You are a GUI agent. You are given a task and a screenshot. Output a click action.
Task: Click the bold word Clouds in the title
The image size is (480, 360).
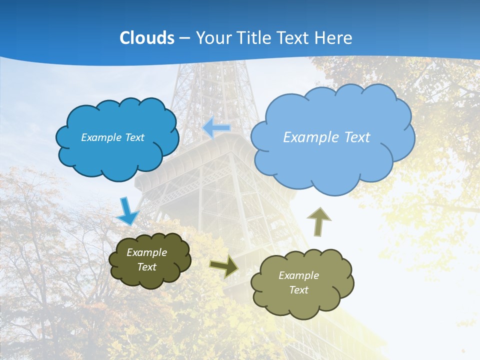click(147, 38)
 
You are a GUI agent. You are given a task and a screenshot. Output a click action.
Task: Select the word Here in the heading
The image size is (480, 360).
click(334, 38)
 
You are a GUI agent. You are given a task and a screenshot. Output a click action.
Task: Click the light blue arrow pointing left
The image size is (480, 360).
click(216, 128)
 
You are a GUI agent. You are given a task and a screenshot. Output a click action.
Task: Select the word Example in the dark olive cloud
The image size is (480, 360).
click(146, 252)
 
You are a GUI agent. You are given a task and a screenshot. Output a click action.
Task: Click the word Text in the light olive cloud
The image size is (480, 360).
click(298, 290)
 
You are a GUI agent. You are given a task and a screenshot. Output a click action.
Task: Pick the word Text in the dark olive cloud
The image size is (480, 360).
click(146, 267)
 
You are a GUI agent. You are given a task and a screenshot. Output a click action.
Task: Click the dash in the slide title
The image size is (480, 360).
click(184, 38)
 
